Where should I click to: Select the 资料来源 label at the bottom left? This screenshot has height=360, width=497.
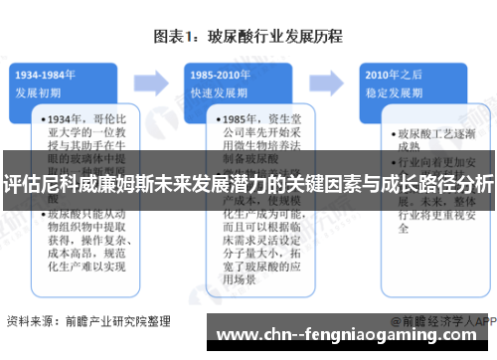coord(30,321)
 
